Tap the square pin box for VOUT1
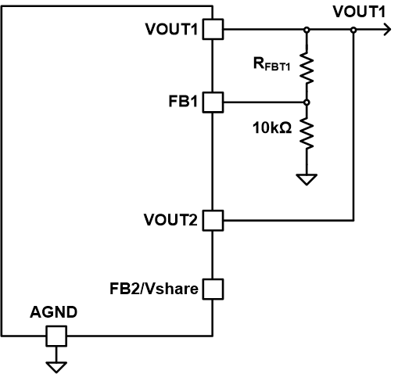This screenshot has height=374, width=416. pos(213,30)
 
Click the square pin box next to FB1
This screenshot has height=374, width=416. pos(213,102)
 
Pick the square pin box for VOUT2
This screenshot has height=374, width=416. pos(213,221)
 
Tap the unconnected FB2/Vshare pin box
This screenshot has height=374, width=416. pos(213,289)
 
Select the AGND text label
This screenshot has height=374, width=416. pos(54,312)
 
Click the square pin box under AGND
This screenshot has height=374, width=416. pos(56,337)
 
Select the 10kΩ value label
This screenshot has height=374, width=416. pos(271,128)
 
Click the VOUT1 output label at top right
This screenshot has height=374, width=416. pos(359,11)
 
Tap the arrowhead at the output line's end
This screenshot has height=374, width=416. pos(385,30)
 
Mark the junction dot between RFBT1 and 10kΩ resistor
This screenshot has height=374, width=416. pos(306,102)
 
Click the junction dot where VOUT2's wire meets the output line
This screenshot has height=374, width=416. pos(353,30)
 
